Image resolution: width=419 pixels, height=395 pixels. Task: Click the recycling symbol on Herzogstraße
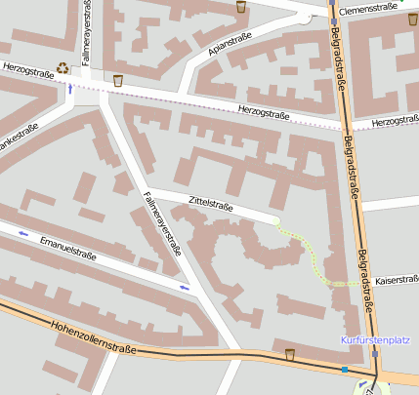63,67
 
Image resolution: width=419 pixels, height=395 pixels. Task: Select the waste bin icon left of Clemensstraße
241,7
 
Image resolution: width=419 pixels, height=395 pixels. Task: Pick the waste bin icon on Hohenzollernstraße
289,353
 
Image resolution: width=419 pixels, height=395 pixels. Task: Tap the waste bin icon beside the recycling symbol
118,80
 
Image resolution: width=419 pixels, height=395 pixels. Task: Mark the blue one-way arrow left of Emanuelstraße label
23,234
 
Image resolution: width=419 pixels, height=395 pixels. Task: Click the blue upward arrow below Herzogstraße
69,89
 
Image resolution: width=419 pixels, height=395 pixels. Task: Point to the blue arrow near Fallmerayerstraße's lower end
185,287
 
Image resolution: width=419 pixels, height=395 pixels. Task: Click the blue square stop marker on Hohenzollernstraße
344,370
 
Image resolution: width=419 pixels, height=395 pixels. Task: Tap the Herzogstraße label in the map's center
264,114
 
